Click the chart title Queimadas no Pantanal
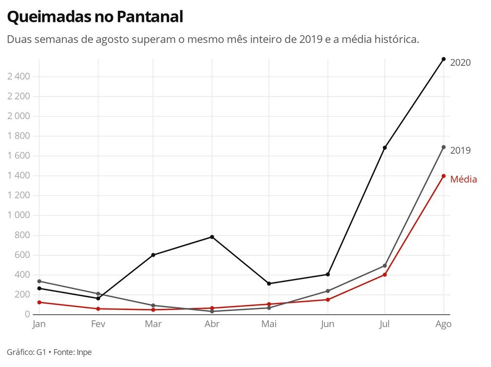[x=95, y=17]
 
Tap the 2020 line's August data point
[x=443, y=59]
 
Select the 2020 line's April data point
[x=212, y=237]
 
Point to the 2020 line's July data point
[x=385, y=148]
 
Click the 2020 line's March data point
[x=153, y=255]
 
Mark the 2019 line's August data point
[x=443, y=147]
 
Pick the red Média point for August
[x=443, y=176]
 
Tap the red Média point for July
[x=385, y=275]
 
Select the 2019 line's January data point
[x=39, y=281]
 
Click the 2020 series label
[x=460, y=62]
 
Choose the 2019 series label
[x=460, y=150]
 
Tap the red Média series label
[x=463, y=180]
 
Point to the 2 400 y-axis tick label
[x=19, y=77]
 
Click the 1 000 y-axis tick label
[x=19, y=215]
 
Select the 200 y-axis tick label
[x=22, y=294]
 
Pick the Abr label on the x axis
[x=212, y=325]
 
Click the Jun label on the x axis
[x=327, y=325]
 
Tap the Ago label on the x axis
[x=443, y=325]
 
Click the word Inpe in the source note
[x=84, y=352]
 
